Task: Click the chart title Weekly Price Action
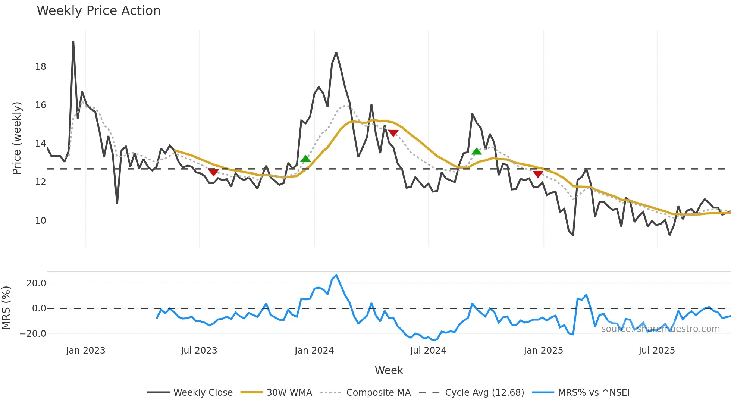point(98,11)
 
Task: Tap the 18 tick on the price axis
point(40,67)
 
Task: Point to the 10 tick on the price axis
point(40,221)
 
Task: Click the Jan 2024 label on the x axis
point(314,351)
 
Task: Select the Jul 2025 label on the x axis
point(656,351)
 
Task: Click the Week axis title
point(389,370)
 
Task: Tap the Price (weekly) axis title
point(17,138)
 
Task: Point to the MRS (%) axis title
point(6,308)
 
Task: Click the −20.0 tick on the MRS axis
point(33,334)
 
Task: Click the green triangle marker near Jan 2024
point(305,159)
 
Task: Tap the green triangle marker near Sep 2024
point(476,151)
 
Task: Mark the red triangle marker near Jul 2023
point(213,172)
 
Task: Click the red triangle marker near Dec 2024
point(538,174)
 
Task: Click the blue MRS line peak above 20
point(336,276)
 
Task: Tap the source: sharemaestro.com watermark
point(660,329)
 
